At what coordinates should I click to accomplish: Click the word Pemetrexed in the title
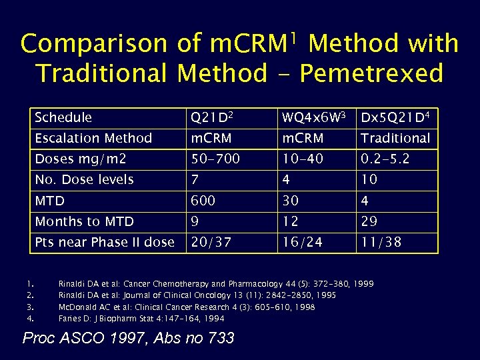(x=371, y=73)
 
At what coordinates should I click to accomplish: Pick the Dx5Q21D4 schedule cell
(x=395, y=118)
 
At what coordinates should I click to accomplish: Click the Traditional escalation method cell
(x=395, y=139)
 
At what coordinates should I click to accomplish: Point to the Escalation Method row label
(x=93, y=139)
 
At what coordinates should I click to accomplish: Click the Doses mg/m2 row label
(x=81, y=159)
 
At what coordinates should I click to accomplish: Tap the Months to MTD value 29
(x=371, y=221)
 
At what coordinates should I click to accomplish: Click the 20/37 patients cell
(x=211, y=242)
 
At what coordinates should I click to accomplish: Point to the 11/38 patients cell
(x=381, y=242)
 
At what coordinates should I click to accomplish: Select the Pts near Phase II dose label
(x=105, y=242)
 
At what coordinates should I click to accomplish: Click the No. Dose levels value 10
(x=369, y=180)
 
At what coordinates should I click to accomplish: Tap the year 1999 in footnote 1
(x=364, y=284)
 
